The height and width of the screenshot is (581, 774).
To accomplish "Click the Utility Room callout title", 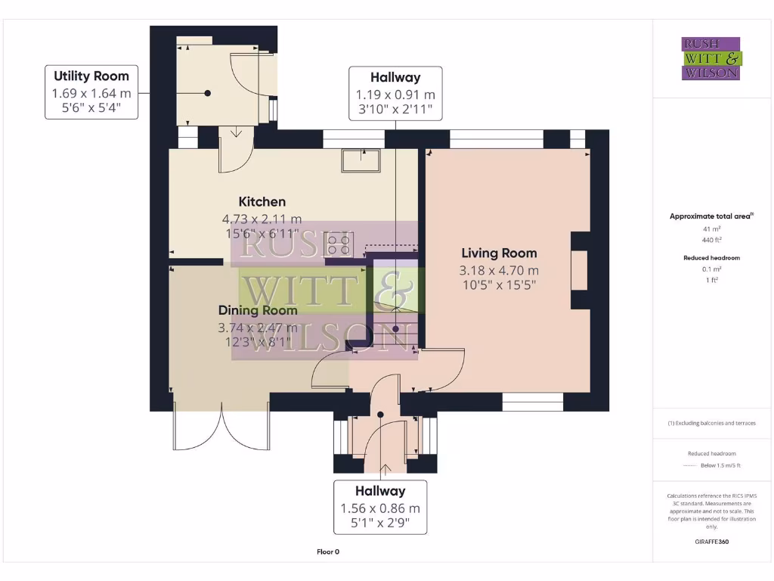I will [91, 76].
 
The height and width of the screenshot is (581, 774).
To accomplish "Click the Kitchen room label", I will [262, 201].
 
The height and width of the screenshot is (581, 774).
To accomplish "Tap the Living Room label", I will [499, 253].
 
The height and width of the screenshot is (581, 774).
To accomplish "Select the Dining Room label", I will [258, 310].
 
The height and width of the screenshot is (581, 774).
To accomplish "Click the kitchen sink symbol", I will [361, 160].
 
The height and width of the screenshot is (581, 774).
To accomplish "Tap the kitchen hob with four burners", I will [339, 245].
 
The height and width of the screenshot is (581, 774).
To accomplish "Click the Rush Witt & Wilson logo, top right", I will [711, 59].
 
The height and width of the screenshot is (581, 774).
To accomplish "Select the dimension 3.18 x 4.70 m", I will [499, 270].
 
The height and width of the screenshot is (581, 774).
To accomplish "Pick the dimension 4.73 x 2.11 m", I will [262, 219].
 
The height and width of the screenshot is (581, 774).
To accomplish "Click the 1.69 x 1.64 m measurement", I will [91, 93].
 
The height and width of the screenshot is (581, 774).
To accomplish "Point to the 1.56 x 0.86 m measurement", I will [380, 509].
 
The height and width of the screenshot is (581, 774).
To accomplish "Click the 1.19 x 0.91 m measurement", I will [395, 95].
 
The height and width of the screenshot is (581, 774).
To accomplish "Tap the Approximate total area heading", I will [711, 216].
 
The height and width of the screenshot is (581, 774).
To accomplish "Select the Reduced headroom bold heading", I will [711, 258].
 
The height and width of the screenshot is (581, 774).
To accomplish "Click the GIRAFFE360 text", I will [711, 542].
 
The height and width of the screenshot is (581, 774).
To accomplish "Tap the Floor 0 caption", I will [328, 551].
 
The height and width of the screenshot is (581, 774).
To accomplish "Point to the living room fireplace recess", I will [580, 271].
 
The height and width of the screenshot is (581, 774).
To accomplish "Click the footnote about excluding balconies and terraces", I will [711, 423].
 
